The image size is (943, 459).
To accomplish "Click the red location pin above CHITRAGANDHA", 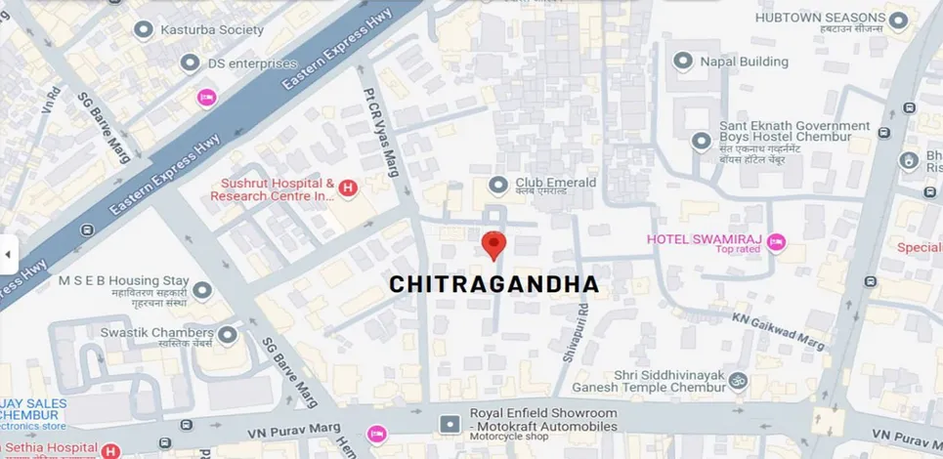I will coord(495,244).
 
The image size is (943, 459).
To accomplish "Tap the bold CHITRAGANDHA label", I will coord(493,284).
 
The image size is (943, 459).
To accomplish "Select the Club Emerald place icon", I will coord(498,184).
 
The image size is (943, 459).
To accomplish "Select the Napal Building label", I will coord(744,62).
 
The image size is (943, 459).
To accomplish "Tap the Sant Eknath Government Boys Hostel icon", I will coord(701,142).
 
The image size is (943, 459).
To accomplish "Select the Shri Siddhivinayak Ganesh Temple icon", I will coord(739,380).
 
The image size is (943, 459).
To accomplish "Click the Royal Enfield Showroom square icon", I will coord(450,425).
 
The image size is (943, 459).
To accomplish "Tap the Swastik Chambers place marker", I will coord(228,336).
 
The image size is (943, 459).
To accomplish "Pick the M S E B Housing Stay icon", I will coord(202,290).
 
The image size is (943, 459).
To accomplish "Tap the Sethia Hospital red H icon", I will coord(110,451).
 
